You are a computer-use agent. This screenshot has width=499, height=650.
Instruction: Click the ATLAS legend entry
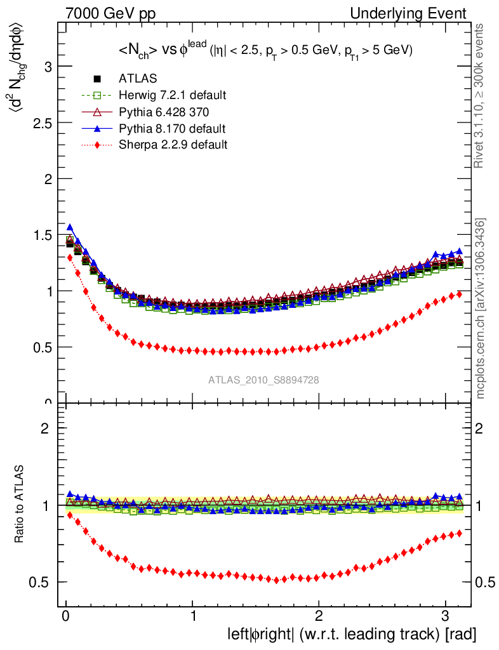tap(138, 79)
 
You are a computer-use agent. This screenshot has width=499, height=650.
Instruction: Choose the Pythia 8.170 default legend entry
tap(171, 128)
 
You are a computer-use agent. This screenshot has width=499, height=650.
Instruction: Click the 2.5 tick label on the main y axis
tap(39, 123)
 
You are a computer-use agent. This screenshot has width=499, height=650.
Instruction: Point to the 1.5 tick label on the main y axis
tap(39, 235)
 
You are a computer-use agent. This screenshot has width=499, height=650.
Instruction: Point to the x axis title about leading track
tap(352, 634)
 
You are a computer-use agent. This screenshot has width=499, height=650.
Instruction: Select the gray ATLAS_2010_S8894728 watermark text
tap(263, 380)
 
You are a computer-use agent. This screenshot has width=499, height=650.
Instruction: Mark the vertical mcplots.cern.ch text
tap(481, 308)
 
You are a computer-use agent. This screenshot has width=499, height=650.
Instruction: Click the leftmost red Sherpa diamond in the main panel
tap(70, 257)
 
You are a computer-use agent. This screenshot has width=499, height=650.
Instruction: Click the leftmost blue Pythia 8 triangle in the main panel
tap(70, 227)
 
